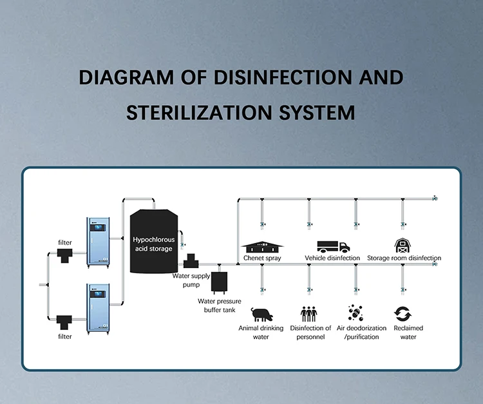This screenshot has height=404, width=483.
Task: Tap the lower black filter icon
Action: click(64, 320)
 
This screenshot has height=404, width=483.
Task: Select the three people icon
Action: click(309, 314)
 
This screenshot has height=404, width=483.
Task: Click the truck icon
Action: click(333, 246)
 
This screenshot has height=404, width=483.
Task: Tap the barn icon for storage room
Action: click(402, 245)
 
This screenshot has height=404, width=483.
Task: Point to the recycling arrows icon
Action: click(403, 314)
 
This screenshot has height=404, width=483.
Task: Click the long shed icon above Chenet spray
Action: click(262, 247)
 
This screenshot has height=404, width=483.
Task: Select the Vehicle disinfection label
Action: click(332, 258)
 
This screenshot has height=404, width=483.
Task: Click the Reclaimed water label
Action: click(408, 332)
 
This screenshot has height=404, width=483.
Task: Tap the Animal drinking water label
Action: click(261, 332)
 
